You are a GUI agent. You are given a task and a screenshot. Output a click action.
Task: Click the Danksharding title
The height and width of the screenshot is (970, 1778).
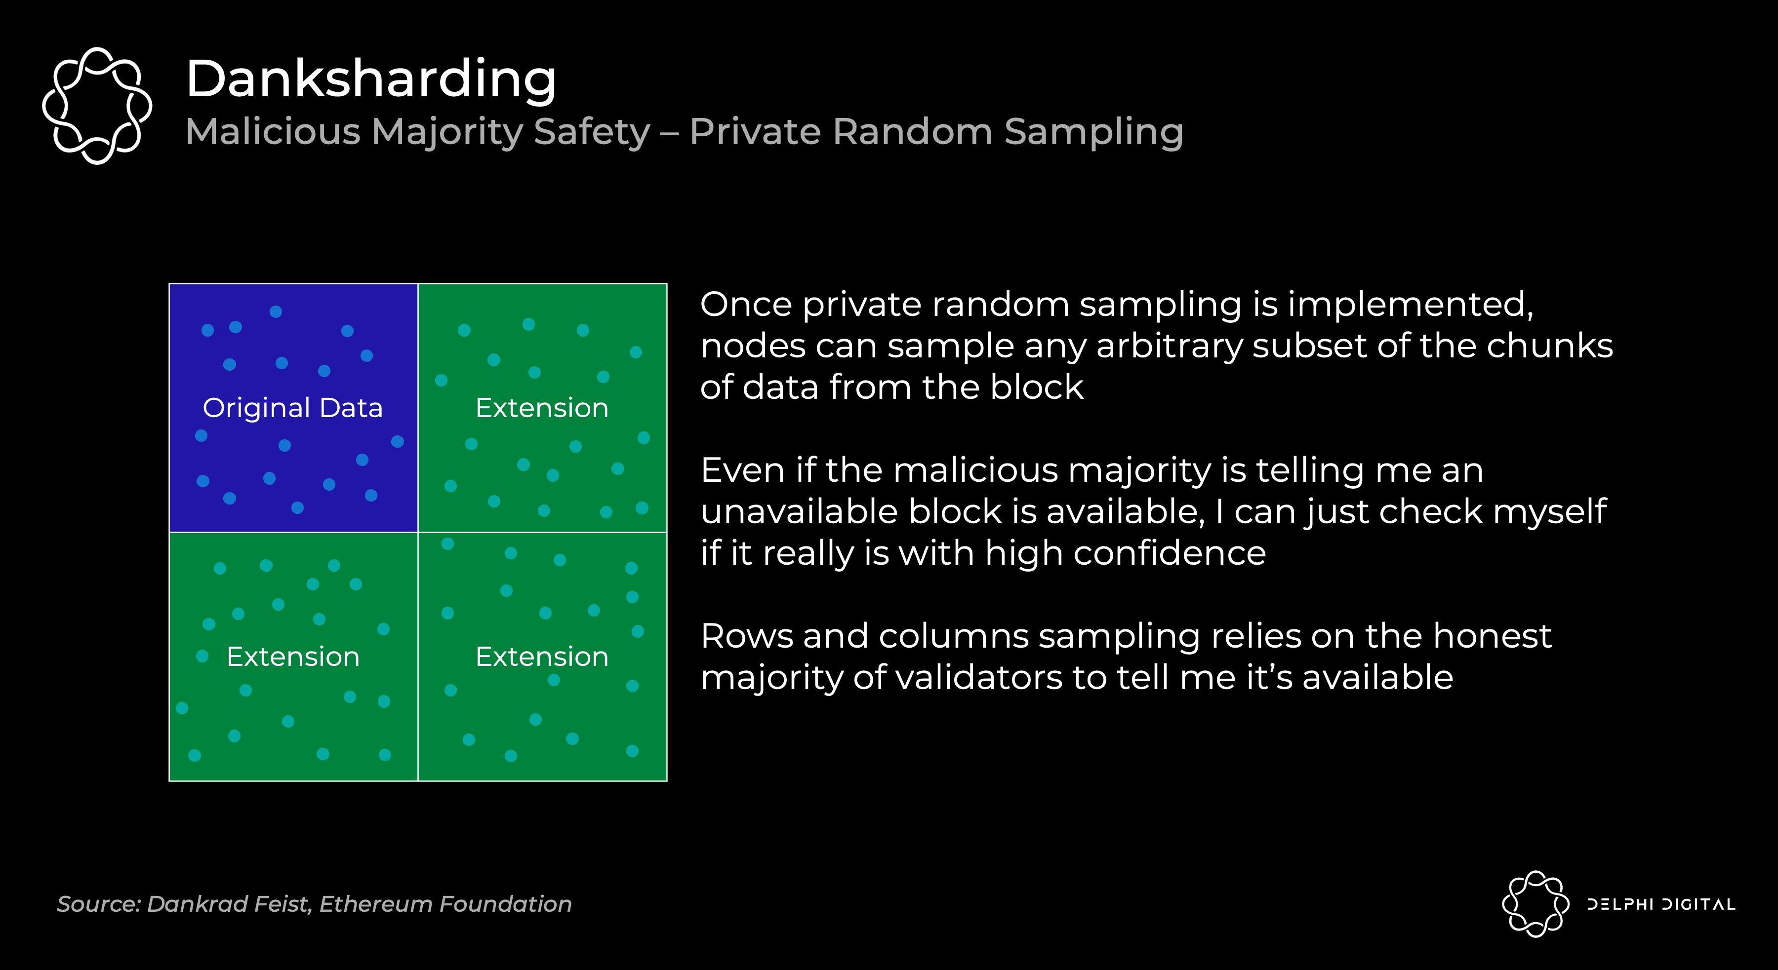click(371, 79)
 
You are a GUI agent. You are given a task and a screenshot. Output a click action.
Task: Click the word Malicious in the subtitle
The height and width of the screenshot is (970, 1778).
click(273, 131)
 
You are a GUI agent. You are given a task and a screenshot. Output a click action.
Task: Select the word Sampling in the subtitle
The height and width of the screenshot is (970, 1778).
click(1094, 132)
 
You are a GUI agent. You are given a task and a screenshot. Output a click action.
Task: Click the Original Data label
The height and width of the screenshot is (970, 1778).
click(293, 408)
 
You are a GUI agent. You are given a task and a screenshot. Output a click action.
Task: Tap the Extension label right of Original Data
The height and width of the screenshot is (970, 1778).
click(542, 408)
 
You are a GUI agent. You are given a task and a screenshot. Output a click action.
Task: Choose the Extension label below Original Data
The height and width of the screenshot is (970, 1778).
click(293, 657)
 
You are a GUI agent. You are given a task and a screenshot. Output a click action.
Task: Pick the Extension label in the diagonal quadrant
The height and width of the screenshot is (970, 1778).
click(542, 657)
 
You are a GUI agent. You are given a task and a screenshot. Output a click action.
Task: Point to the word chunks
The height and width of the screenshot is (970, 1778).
click(1549, 346)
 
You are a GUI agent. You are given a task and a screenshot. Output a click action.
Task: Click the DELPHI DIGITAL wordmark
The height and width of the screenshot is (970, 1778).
click(1660, 904)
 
